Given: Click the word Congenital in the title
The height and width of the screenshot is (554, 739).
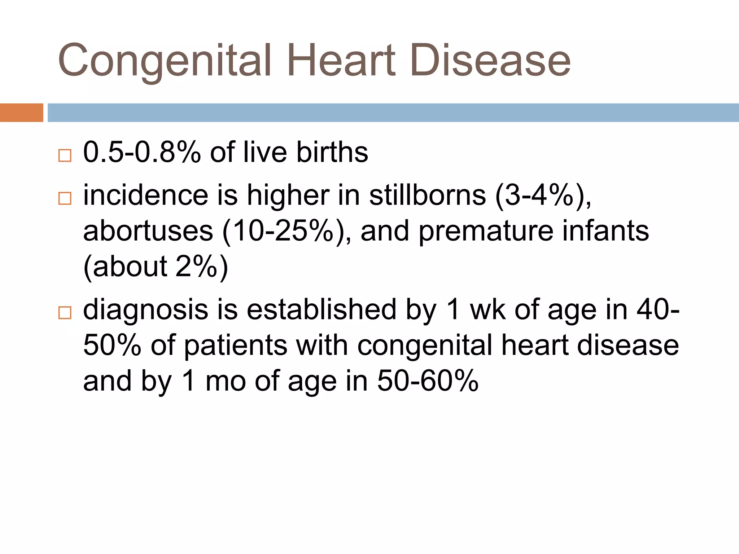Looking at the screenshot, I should click(x=164, y=61).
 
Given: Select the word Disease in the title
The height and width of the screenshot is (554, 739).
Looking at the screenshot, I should click(x=490, y=61).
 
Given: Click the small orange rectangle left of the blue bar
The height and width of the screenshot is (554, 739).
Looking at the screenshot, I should click(x=21, y=113).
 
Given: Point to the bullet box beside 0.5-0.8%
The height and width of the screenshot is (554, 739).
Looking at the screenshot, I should click(x=65, y=155).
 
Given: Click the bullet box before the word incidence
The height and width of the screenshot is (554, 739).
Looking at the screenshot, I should click(x=65, y=198).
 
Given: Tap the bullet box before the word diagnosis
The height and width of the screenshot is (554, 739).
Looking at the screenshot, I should click(x=65, y=312).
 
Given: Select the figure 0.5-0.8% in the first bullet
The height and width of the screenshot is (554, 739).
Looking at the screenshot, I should click(x=142, y=152).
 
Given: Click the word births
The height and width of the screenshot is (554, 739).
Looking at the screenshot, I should click(x=332, y=152).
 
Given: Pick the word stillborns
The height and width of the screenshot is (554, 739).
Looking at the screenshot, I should click(x=428, y=195).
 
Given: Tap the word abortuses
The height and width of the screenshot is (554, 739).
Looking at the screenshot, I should click(x=148, y=231).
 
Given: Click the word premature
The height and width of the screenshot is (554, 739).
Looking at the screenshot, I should click(x=486, y=231).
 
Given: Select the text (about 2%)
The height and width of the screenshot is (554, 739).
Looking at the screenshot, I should click(x=156, y=267).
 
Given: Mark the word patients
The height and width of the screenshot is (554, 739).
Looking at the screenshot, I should click(x=236, y=345).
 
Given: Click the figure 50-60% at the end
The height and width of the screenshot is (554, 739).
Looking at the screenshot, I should click(x=428, y=381).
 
